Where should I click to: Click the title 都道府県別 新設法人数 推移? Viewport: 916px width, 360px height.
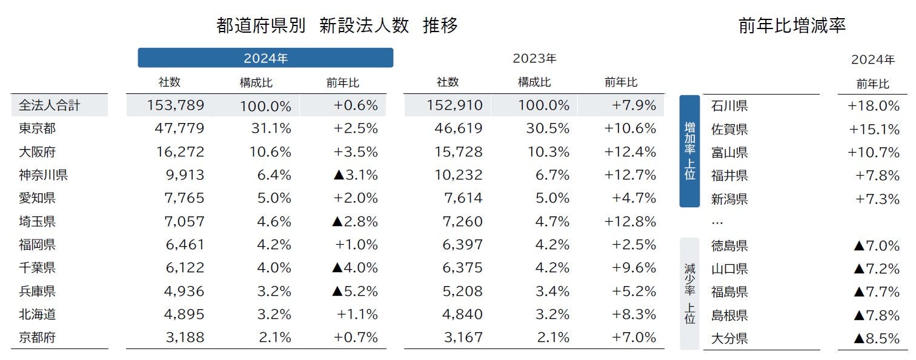click(337, 25)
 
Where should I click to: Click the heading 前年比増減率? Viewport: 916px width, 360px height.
click(792, 25)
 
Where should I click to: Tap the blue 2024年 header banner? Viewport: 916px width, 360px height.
click(265, 58)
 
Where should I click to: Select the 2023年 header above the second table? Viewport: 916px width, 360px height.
click(534, 59)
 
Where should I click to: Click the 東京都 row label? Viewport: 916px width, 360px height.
click(38, 128)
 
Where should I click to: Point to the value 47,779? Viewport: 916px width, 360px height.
click(176, 128)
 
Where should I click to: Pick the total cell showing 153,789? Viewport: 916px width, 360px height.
click(176, 105)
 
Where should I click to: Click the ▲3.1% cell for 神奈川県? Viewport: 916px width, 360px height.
click(355, 175)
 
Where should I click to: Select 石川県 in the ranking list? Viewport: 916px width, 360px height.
click(729, 106)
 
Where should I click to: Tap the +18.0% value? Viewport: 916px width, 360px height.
click(874, 106)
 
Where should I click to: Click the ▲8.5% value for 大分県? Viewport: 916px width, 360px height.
click(876, 338)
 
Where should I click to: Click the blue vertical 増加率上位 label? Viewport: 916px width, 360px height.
click(689, 151)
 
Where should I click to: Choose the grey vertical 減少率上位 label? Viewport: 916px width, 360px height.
click(689, 293)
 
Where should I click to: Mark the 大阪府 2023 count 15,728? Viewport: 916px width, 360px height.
click(459, 152)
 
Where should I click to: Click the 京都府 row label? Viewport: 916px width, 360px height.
click(38, 338)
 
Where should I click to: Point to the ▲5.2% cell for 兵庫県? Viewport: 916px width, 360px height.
click(355, 291)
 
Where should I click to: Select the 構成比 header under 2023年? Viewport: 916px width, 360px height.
click(534, 82)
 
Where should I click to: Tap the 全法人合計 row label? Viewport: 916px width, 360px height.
click(50, 105)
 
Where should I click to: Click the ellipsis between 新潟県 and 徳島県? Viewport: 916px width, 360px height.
click(717, 222)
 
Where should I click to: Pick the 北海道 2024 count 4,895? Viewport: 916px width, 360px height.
click(184, 314)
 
